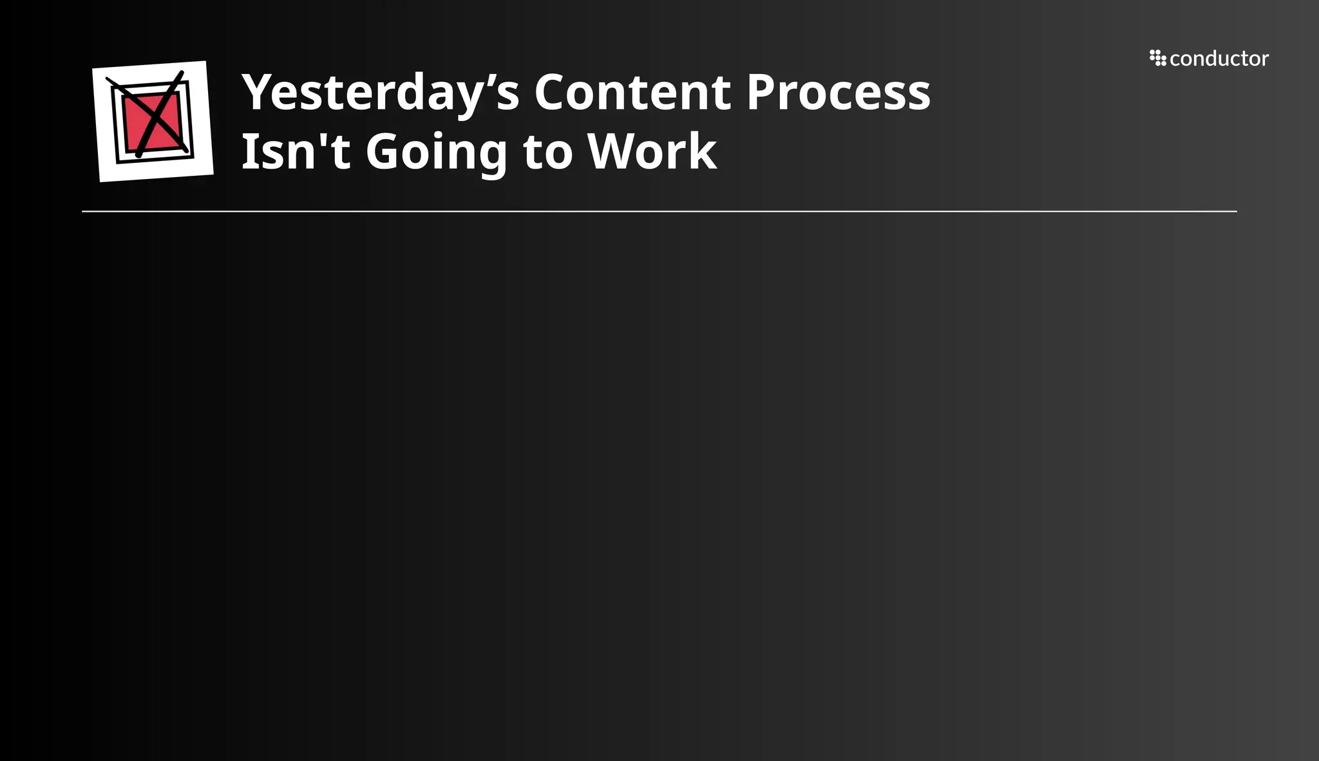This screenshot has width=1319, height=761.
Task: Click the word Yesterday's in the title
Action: [x=380, y=93]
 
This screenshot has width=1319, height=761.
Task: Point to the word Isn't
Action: [x=296, y=152]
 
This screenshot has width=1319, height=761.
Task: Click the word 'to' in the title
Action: [x=547, y=153]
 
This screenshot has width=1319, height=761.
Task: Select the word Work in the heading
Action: [x=652, y=152]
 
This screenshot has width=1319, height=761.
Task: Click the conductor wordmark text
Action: [x=1219, y=59]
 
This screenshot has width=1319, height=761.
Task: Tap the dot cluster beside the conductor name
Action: [x=1157, y=58]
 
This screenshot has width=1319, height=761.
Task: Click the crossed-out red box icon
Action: [x=153, y=121]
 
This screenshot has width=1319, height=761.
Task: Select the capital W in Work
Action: [x=616, y=152]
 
